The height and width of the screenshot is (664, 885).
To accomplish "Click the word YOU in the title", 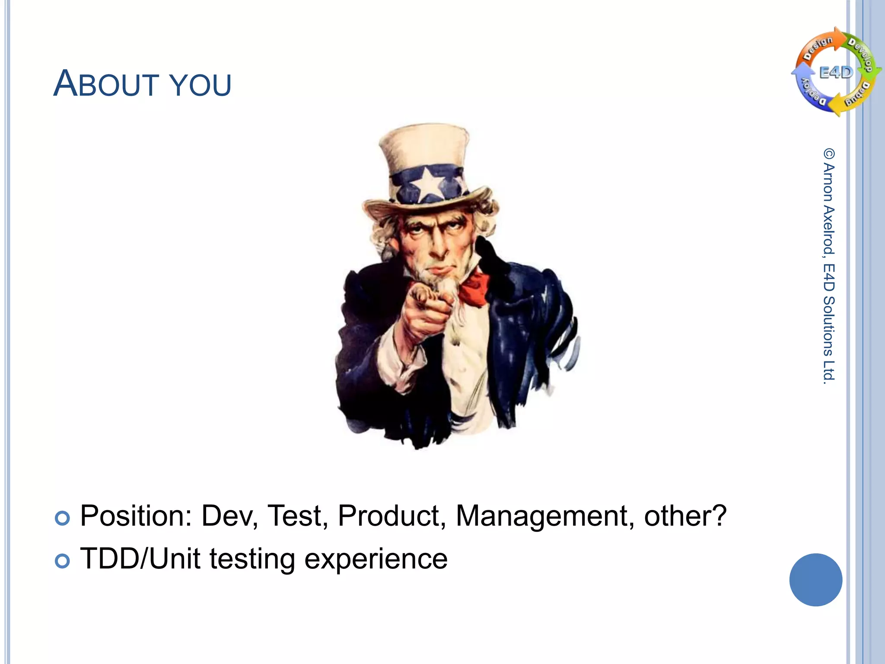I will tap(200, 85).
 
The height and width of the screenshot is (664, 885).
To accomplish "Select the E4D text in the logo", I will tap(836, 73).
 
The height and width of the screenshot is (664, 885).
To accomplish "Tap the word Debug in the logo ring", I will tap(858, 94).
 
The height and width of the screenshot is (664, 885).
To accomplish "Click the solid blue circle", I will tap(815, 580).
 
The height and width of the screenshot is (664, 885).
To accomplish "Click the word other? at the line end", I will tap(685, 516).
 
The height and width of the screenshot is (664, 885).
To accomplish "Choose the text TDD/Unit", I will tap(140, 559).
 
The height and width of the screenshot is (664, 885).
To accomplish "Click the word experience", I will tap(376, 559).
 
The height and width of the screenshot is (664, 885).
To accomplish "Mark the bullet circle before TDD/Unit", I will tap(62, 561).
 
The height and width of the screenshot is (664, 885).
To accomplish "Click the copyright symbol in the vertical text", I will tap(829, 153).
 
